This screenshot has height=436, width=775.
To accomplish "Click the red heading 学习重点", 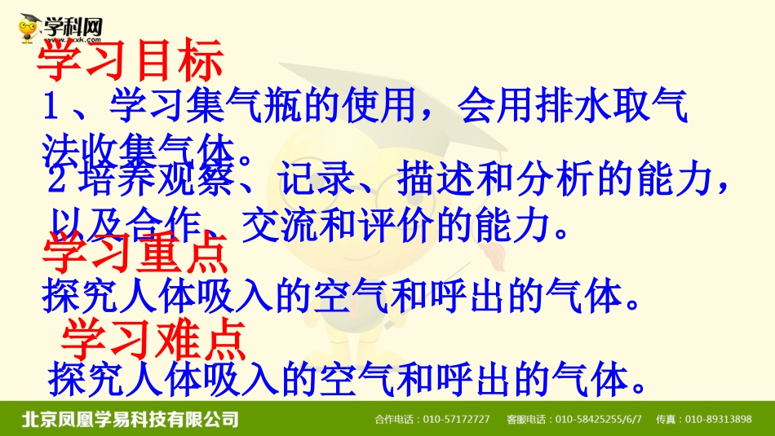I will (135, 253).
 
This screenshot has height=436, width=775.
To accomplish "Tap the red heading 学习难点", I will (154, 340).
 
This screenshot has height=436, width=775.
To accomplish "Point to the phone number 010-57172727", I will (457, 420).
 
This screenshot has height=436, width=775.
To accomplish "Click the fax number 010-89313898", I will (718, 420).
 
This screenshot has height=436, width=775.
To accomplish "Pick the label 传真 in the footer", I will (671, 420).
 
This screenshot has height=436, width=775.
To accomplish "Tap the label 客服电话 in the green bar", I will (527, 420).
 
